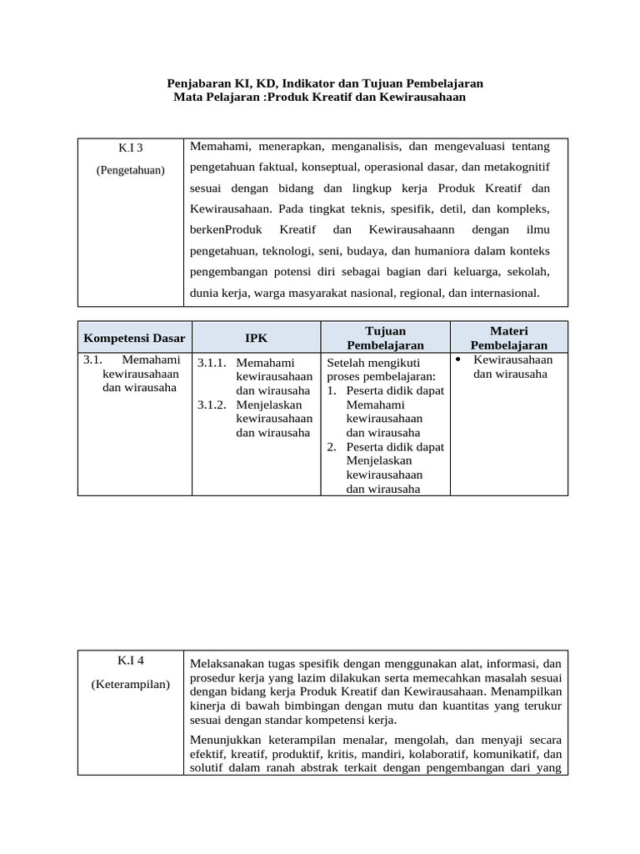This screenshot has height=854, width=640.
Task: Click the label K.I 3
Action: [131, 148]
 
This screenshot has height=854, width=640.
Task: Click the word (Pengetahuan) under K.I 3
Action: [131, 170]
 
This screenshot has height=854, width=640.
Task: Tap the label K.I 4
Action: [131, 661]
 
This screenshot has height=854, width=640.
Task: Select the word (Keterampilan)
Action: [131, 685]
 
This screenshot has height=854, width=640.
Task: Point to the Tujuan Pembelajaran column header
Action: [385, 338]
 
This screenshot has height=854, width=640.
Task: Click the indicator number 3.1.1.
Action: [212, 363]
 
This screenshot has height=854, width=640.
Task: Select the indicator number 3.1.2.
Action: [212, 404]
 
